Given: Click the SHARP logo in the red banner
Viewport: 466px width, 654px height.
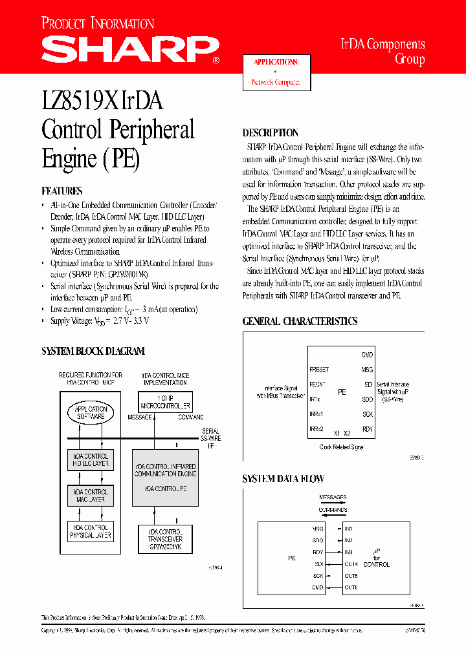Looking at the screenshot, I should [129, 48].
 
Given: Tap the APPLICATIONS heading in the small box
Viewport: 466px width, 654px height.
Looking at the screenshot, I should [276, 62].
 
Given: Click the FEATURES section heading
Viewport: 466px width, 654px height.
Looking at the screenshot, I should [62, 191].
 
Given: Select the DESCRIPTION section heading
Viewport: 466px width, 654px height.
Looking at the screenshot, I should [270, 133].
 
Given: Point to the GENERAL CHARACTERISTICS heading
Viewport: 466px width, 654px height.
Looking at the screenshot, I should [300, 321].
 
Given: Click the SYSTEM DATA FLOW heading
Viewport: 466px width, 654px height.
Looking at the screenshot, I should [283, 479].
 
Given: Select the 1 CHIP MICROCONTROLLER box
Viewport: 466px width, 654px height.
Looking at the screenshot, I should [166, 403].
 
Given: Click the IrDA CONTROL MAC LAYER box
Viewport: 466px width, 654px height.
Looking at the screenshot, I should [91, 496].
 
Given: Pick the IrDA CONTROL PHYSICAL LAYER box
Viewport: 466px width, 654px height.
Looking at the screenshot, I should [91, 531].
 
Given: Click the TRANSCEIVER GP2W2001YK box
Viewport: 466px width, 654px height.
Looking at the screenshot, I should [166, 538].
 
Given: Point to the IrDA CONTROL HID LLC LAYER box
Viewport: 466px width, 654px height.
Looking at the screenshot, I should [91, 460].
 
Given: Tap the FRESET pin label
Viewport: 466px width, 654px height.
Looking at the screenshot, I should [319, 370].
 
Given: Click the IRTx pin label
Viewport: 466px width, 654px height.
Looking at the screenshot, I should [315, 399].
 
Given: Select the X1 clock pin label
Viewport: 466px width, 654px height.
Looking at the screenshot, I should [337, 433].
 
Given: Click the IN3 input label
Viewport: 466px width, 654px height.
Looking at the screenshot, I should [348, 552].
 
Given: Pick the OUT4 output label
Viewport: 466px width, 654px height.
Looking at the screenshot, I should [351, 564].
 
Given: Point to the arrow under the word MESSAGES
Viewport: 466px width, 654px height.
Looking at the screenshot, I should [333, 503].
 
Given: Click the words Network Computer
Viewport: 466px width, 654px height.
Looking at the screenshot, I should [276, 83].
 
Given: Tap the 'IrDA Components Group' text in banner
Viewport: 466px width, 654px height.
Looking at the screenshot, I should [383, 52].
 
